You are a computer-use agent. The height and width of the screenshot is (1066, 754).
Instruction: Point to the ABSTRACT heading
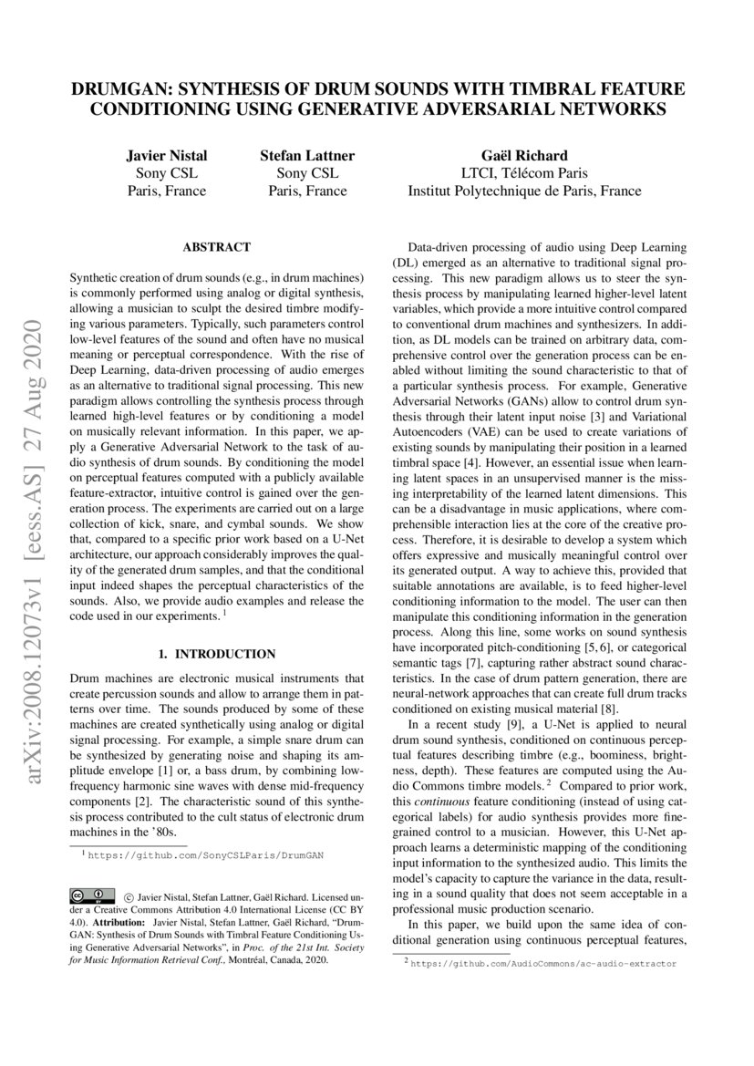[216, 247]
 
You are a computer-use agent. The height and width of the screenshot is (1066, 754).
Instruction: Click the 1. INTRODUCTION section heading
[216, 654]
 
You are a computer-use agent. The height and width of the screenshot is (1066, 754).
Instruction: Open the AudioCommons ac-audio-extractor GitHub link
[544, 963]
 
